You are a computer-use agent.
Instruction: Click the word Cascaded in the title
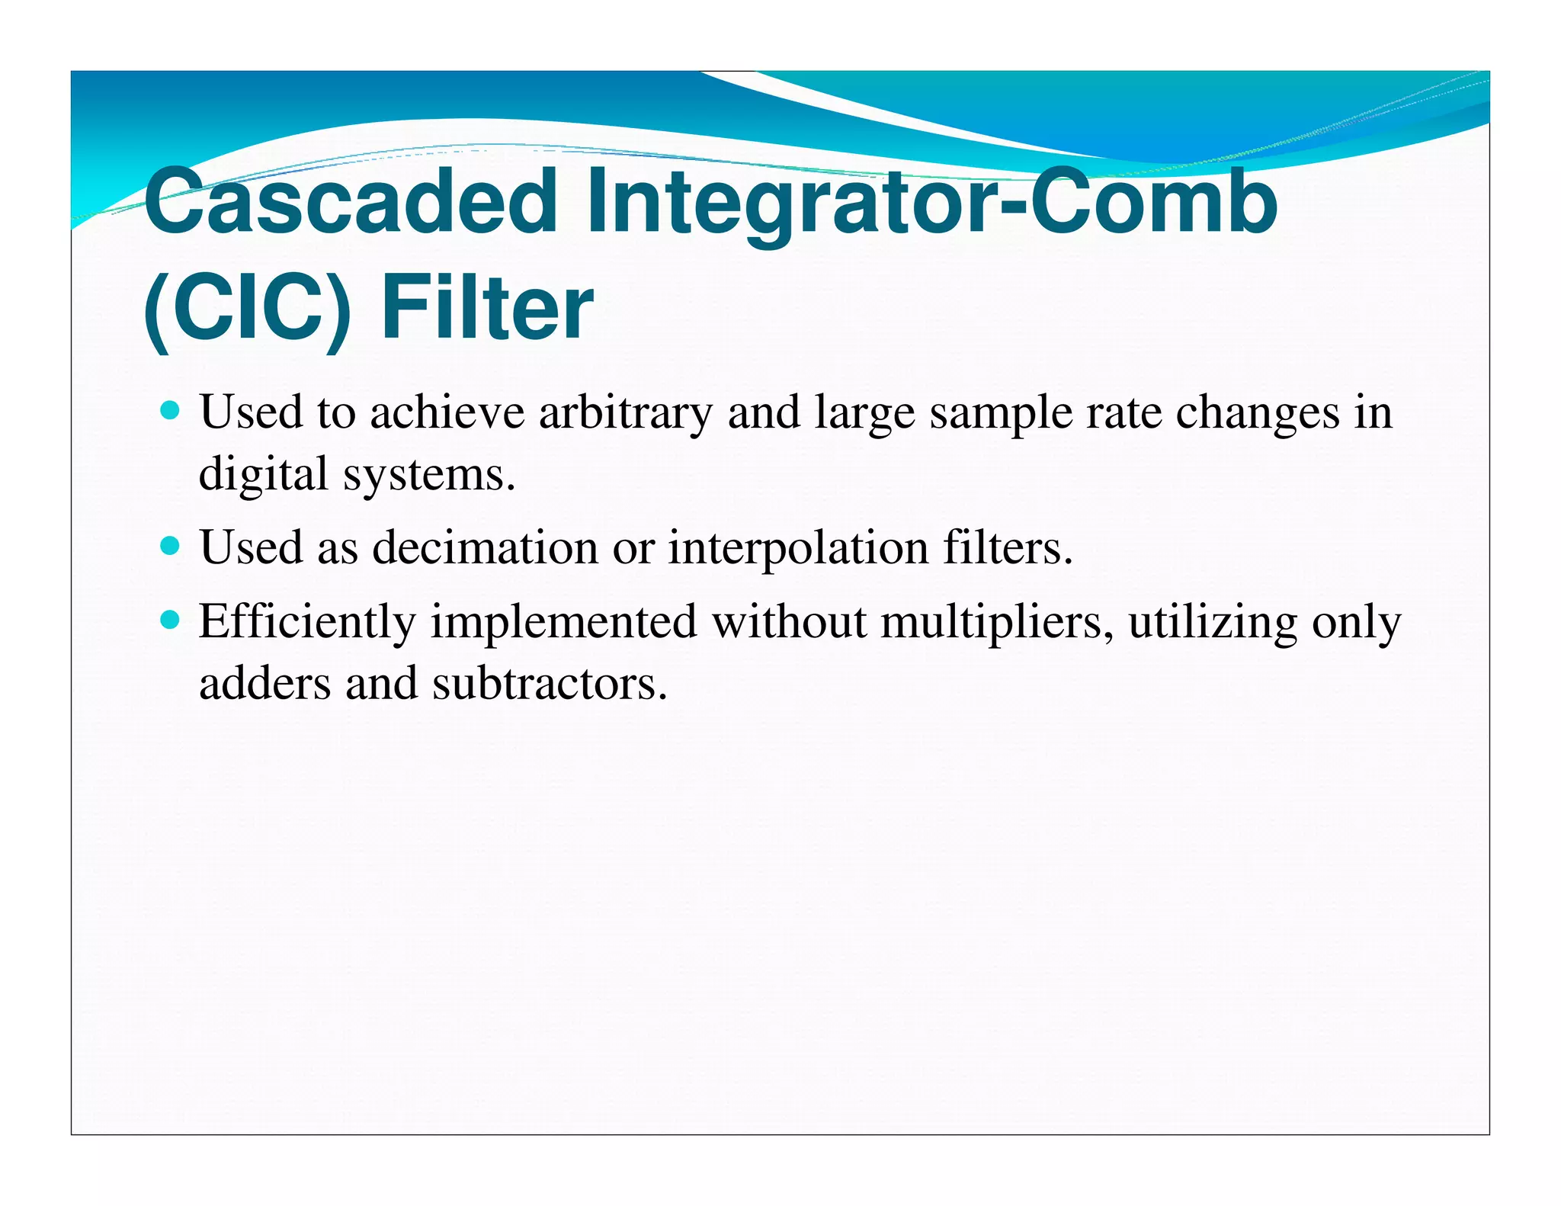[x=351, y=202]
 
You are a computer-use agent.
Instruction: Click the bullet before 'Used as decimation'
[x=171, y=547]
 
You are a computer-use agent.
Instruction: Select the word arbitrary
[x=625, y=413]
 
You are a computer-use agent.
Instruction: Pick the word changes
[x=1257, y=413]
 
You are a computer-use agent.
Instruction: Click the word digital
[x=264, y=474]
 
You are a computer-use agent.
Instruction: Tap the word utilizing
[x=1213, y=622]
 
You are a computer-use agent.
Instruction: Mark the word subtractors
[x=550, y=683]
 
